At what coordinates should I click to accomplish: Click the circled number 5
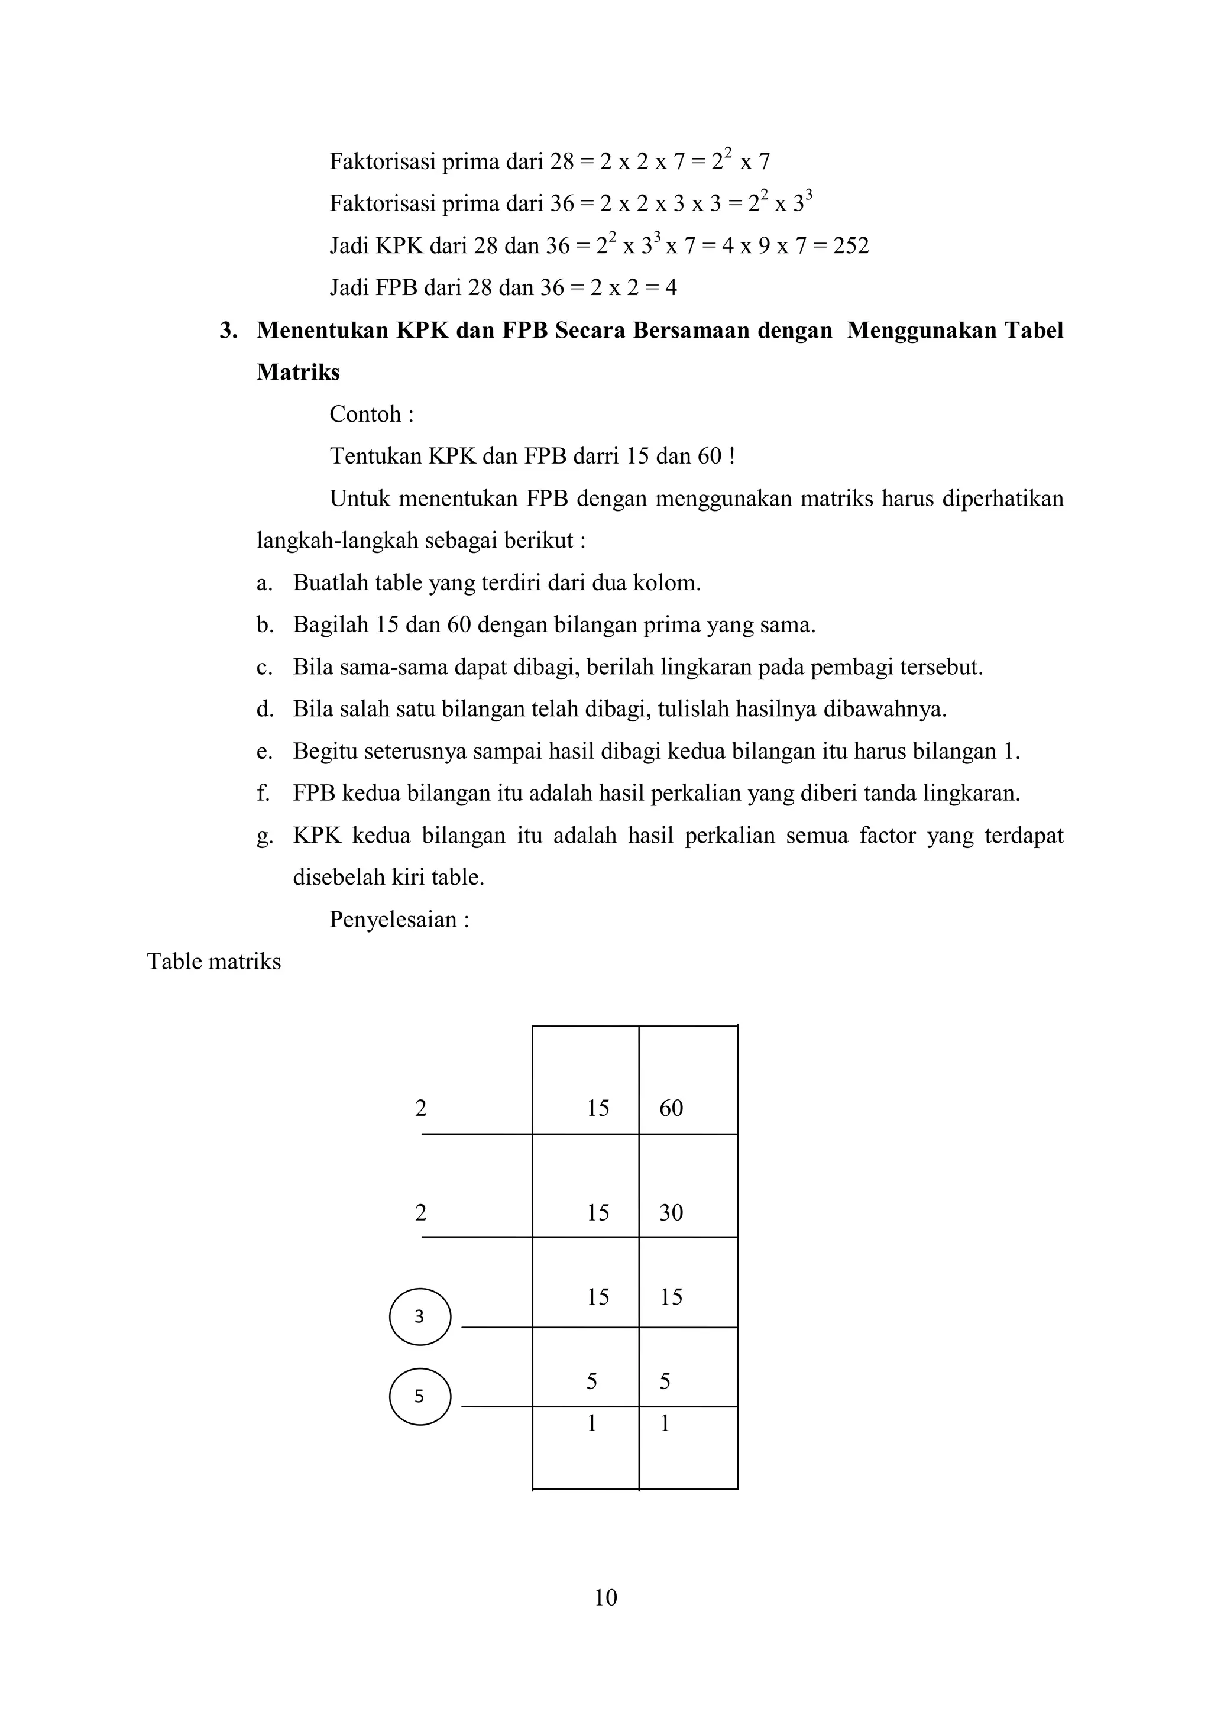[420, 1396]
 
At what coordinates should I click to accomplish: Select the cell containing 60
[671, 1108]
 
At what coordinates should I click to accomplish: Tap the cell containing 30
[671, 1212]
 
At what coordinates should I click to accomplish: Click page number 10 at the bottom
[605, 1597]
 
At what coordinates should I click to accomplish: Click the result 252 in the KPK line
[851, 246]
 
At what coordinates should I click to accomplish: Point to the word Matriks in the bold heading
[298, 372]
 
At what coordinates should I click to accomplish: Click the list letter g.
[263, 836]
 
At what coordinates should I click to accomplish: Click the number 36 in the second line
[562, 203]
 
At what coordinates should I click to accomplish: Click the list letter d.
[263, 709]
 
